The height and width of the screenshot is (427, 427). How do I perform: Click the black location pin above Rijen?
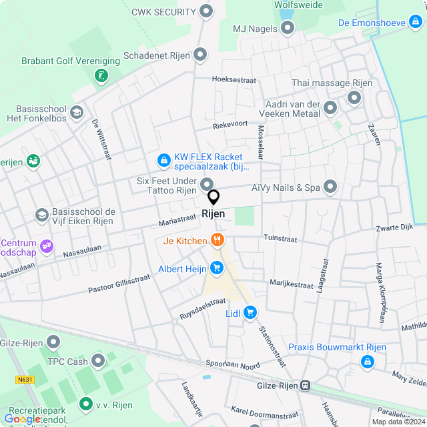point(213,197)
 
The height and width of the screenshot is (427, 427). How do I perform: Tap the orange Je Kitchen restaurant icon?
point(216,240)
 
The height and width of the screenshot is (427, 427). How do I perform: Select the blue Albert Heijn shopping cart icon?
point(216,268)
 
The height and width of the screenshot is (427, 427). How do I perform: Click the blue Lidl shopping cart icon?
point(250,312)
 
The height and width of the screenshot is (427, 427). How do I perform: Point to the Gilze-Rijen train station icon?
point(305,386)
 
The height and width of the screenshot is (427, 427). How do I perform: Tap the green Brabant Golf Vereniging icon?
point(101,75)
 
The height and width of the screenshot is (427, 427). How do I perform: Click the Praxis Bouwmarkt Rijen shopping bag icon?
point(366,362)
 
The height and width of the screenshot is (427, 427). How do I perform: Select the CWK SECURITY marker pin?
point(206,11)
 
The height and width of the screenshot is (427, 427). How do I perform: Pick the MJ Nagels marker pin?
point(288,27)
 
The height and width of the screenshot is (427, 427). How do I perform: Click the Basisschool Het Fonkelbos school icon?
point(76,112)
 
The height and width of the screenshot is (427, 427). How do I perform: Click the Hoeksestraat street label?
point(234,79)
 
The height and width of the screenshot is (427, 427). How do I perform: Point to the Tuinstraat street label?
point(298,238)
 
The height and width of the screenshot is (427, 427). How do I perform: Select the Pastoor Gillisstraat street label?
point(119,286)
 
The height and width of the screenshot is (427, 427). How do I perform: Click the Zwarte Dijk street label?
point(396,228)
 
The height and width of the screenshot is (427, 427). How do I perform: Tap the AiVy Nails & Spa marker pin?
point(330,187)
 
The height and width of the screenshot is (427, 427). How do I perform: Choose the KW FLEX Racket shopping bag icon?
point(163,160)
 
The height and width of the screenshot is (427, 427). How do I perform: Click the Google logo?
point(21,418)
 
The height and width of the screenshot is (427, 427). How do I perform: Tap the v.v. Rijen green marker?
point(85,404)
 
